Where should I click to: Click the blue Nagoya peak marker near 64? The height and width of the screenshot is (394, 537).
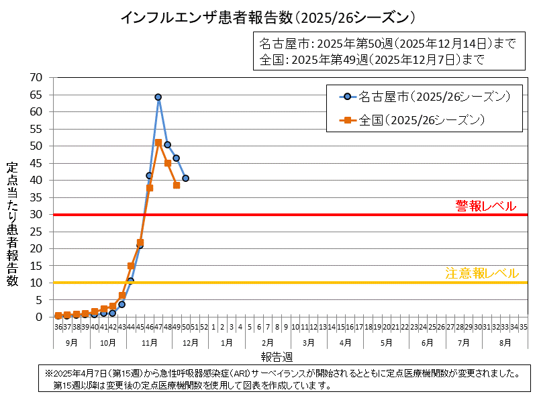click(x=158, y=97)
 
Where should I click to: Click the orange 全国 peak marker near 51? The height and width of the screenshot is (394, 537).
click(x=158, y=142)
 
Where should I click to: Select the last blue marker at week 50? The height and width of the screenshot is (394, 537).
click(x=185, y=179)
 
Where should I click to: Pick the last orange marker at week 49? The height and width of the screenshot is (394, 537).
click(x=177, y=185)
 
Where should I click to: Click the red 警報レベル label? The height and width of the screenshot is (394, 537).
click(x=486, y=206)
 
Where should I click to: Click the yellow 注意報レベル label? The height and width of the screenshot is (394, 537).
click(x=481, y=273)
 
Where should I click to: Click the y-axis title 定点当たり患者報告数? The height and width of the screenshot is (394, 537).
click(x=13, y=225)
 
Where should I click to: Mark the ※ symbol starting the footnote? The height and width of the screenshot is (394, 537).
click(x=48, y=373)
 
